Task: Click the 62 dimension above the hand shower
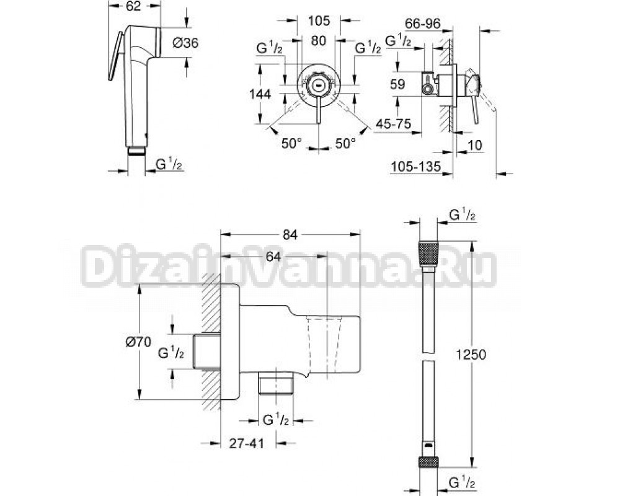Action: pos(135,6)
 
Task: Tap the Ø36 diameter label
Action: pos(185,42)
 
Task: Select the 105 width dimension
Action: pos(319,20)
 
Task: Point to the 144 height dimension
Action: pos(260,94)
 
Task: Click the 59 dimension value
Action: pos(397,84)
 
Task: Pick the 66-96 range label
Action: pos(422,24)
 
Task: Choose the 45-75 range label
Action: pos(393,124)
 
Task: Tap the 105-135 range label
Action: pos(415,167)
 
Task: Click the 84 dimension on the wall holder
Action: pos(290,234)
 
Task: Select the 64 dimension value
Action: pos(273,257)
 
